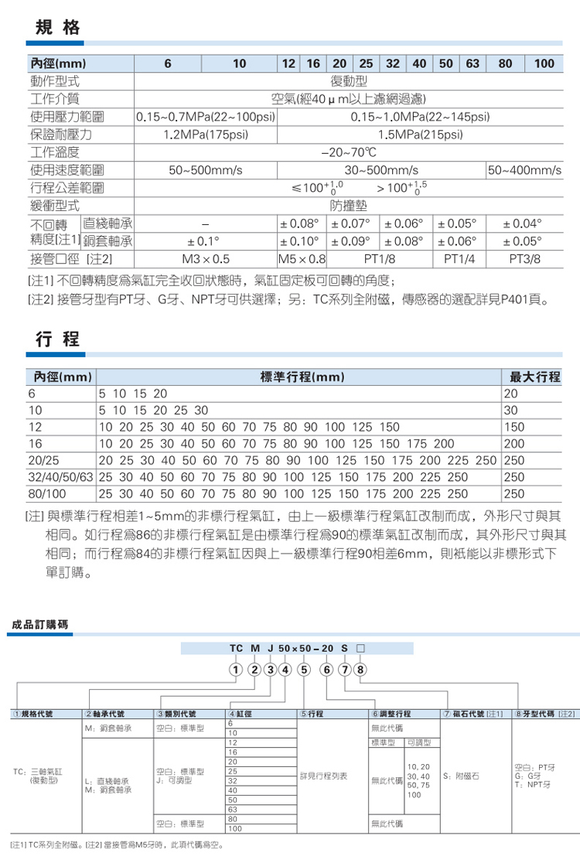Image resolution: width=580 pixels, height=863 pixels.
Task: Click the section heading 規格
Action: pyautogui.click(x=58, y=29)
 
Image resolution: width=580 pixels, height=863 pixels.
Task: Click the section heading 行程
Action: pyautogui.click(x=58, y=340)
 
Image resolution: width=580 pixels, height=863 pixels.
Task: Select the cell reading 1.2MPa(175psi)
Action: pyautogui.click(x=206, y=135)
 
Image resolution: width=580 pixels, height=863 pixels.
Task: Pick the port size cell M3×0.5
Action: pyautogui.click(x=206, y=258)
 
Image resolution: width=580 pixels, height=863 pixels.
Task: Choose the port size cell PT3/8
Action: pyautogui.click(x=524, y=258)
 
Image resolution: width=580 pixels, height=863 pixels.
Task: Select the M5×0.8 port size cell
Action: pyautogui.click(x=302, y=258)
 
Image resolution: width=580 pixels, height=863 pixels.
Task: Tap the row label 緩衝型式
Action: pyautogui.click(x=56, y=206)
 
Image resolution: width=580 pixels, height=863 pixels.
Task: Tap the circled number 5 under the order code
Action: pyautogui.click(x=304, y=669)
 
